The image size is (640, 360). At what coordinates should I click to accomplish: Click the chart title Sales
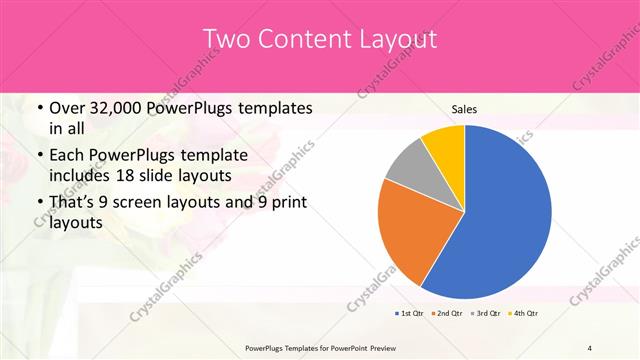click(464, 109)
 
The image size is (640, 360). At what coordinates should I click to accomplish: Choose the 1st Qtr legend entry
click(409, 314)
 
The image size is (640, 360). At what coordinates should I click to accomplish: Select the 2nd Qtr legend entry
click(446, 314)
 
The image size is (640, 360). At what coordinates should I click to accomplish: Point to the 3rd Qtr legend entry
click(484, 314)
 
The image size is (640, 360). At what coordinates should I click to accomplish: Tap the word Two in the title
click(227, 40)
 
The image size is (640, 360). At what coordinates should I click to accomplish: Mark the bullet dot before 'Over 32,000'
click(38, 108)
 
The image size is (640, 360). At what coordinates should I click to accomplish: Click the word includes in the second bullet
click(81, 174)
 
